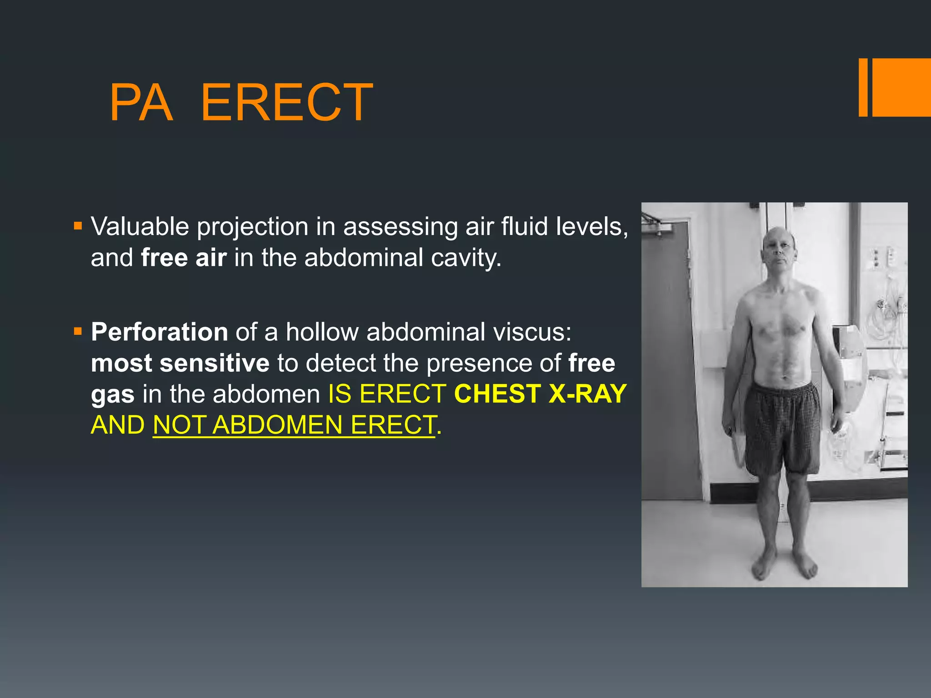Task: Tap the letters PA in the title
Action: (x=141, y=103)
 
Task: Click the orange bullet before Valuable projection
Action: (x=78, y=225)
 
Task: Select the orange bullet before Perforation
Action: (x=78, y=331)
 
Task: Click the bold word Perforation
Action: (x=159, y=332)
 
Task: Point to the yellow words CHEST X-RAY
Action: (x=540, y=394)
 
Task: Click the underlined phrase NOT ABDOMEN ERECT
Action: (x=295, y=425)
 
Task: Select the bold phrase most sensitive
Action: (x=180, y=363)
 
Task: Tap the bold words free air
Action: (x=184, y=258)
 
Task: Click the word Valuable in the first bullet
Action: (x=140, y=226)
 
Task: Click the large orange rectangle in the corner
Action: (x=901, y=87)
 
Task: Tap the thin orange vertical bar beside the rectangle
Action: (x=863, y=87)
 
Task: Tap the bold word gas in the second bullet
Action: (x=112, y=394)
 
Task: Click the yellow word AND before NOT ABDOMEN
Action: (x=118, y=425)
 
